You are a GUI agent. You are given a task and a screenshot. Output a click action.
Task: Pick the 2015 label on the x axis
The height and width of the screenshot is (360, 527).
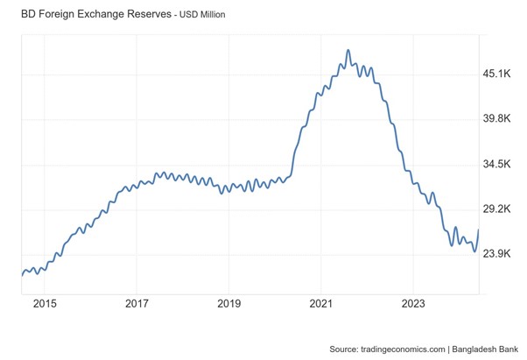(x=45, y=304)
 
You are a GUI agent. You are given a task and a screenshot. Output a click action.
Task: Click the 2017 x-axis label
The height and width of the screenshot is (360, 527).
(x=137, y=304)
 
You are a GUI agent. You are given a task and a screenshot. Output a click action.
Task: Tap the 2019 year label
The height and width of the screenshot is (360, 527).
(x=228, y=304)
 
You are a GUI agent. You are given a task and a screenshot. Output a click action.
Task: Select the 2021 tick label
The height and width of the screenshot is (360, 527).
(x=320, y=304)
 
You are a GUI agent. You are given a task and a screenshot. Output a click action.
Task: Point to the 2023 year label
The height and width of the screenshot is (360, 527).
(x=412, y=304)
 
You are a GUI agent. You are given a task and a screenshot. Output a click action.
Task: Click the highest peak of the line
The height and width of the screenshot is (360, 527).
(x=348, y=51)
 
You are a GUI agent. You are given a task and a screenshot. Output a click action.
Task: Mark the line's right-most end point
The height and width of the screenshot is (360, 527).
(x=478, y=230)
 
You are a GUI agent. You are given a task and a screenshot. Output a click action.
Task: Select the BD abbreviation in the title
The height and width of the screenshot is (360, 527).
(x=16, y=14)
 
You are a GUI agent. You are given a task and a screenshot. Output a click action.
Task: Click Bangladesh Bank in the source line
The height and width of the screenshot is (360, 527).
(x=483, y=349)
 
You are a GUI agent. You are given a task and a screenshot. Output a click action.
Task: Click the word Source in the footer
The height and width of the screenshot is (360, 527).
(x=343, y=349)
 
